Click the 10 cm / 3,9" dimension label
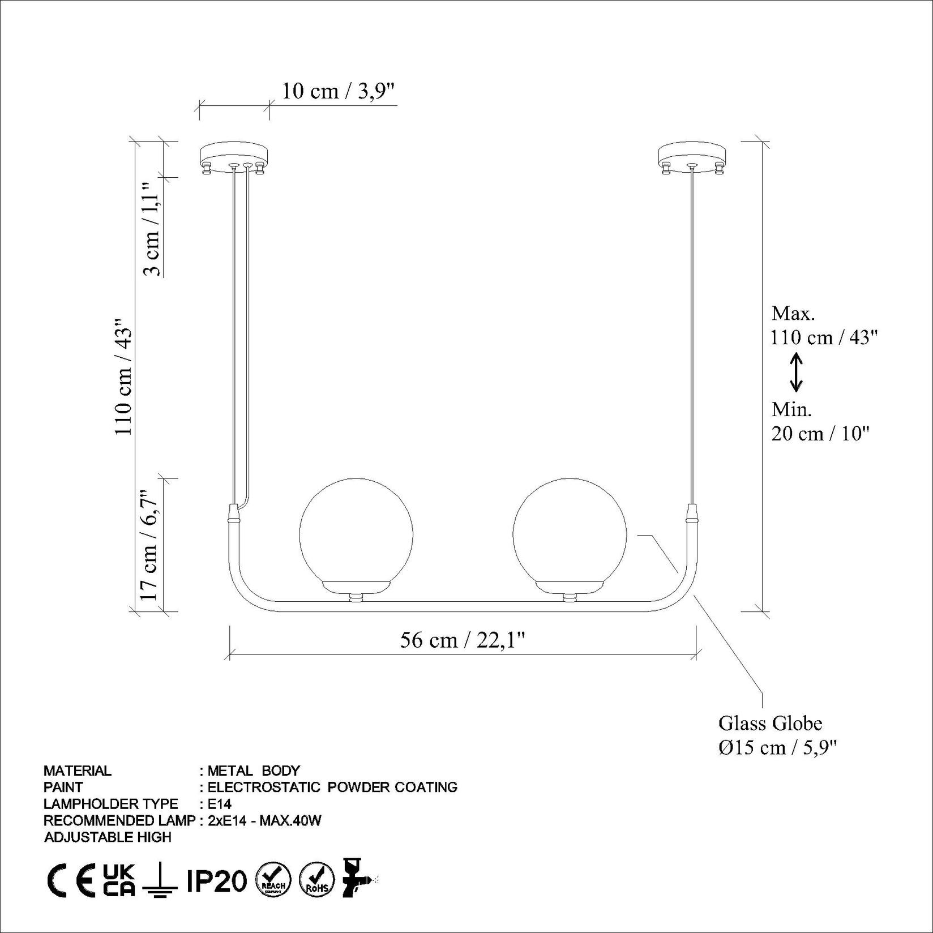(x=337, y=91)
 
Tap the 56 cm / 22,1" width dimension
(x=463, y=640)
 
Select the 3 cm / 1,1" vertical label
(x=151, y=229)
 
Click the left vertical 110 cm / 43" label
(x=123, y=376)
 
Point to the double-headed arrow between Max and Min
(x=796, y=372)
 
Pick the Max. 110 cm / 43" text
(x=823, y=326)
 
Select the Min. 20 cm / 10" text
(x=819, y=422)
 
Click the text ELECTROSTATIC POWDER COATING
(x=332, y=787)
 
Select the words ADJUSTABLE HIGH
(x=108, y=837)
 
